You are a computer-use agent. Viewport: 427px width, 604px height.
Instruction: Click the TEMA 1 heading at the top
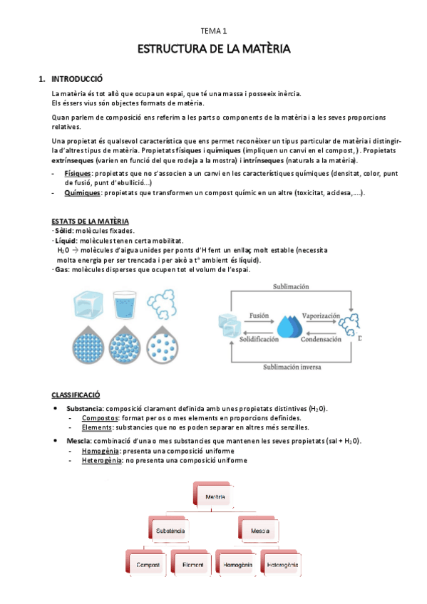[x=212, y=31]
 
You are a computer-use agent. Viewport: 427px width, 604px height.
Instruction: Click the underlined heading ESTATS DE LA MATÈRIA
[x=90, y=222]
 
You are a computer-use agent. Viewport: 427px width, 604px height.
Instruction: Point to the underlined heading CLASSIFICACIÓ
[x=76, y=394]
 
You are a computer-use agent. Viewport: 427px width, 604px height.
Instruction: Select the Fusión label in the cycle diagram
[x=259, y=314]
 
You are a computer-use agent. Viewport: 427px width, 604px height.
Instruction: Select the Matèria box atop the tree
[x=215, y=496]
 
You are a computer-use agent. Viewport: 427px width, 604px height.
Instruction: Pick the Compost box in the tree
[x=148, y=566]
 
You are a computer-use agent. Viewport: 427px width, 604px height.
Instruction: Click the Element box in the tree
[x=192, y=566]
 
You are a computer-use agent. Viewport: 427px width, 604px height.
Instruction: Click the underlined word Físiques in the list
[x=73, y=174]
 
